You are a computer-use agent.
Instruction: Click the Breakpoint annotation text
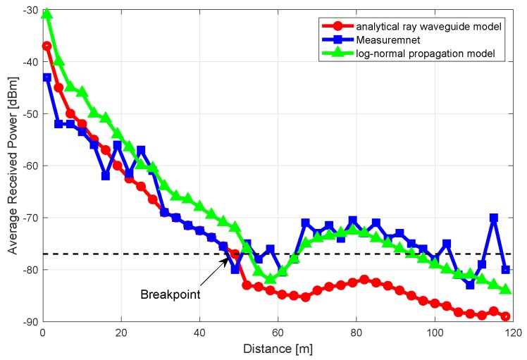[170, 294]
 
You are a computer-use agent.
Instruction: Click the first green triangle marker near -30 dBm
[47, 14]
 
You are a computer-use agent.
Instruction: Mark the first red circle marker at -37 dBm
[47, 46]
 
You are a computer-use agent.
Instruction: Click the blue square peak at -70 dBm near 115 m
[494, 218]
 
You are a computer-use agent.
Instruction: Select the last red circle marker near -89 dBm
[505, 316]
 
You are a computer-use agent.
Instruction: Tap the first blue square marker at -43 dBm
[47, 77]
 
